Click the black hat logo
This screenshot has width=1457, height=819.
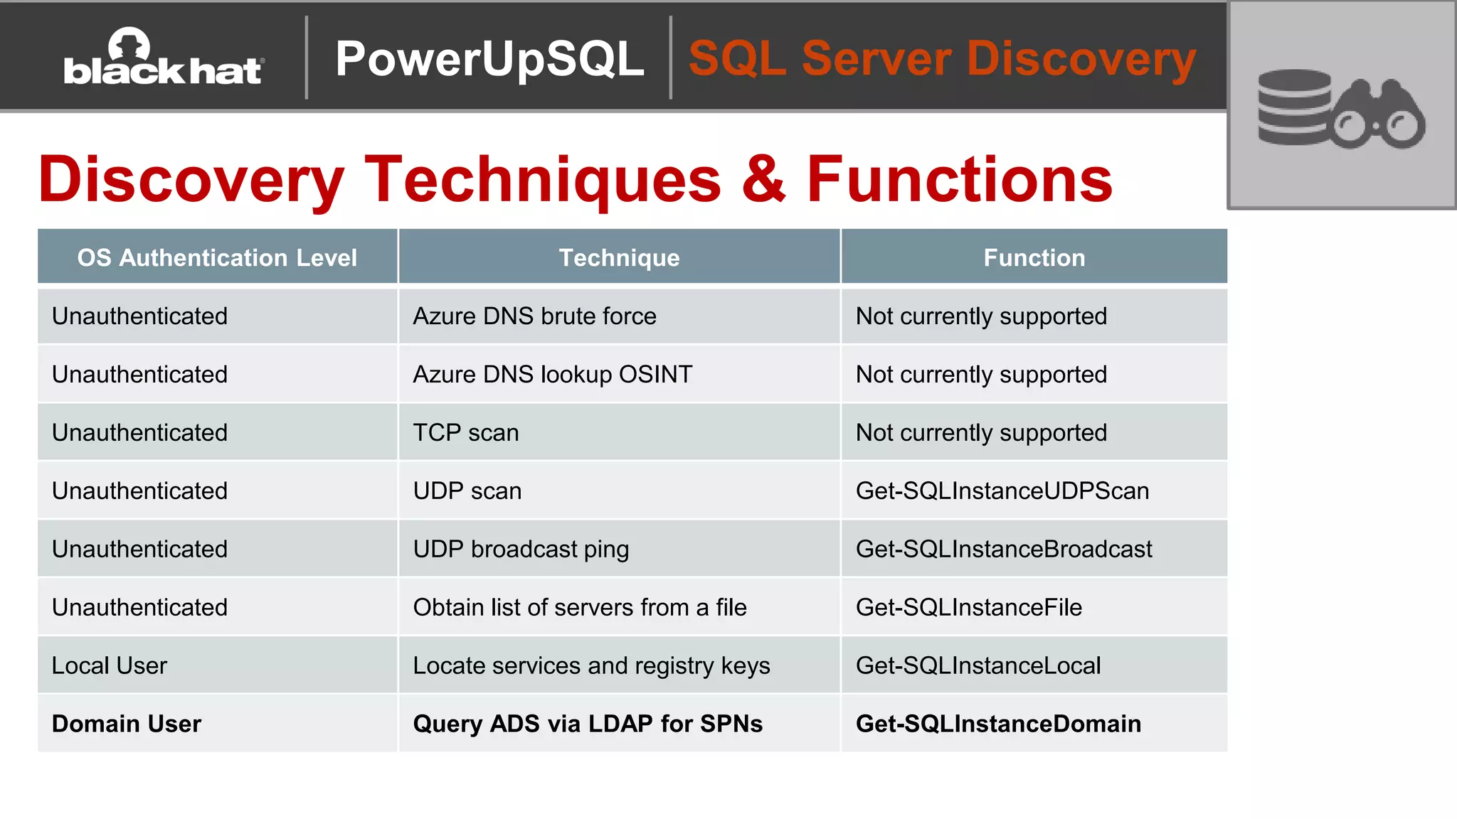tap(164, 58)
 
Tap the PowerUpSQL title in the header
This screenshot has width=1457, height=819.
tap(489, 58)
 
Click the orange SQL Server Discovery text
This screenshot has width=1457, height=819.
tap(942, 58)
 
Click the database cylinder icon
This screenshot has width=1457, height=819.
tap(1293, 107)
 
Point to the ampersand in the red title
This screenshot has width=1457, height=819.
tap(763, 179)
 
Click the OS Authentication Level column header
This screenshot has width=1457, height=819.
tap(217, 257)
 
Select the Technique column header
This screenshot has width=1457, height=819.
tap(619, 257)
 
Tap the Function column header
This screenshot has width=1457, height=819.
tap(1034, 257)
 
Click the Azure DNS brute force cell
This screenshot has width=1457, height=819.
tap(534, 316)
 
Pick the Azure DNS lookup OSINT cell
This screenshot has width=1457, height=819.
tap(552, 375)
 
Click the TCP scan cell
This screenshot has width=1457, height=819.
tap(466, 433)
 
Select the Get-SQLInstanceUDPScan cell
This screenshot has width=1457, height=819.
tap(1002, 491)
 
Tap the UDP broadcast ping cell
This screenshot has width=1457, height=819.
tap(521, 550)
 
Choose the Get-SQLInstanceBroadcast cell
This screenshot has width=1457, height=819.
tap(1003, 550)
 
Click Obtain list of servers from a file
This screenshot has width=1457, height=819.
tap(579, 608)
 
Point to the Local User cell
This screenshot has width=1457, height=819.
tap(110, 666)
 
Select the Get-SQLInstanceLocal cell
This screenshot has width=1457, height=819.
tap(977, 666)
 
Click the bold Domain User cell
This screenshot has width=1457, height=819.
tap(127, 724)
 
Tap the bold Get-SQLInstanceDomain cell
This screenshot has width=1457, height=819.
tap(997, 724)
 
